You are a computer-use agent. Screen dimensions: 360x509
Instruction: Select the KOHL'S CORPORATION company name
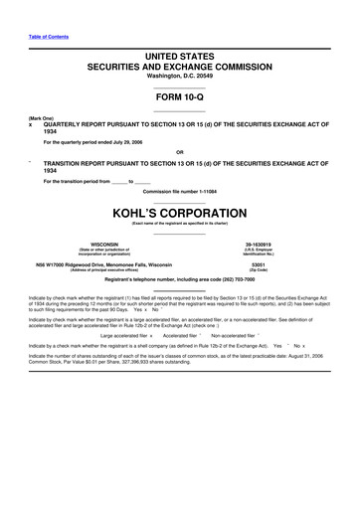point(179,214)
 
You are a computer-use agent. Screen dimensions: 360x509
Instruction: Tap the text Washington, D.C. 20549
point(179,76)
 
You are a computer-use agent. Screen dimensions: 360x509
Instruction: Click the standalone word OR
point(180,152)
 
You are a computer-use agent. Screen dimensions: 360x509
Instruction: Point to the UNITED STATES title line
point(179,50)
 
